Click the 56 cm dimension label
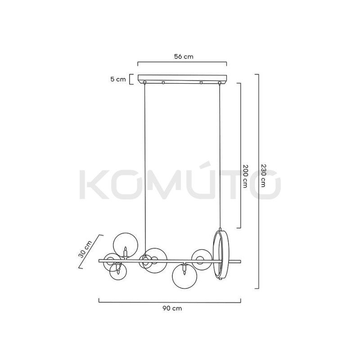184,57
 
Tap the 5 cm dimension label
118,80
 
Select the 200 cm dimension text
245,176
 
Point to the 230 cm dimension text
263,175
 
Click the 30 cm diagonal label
85,249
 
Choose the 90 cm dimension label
172,308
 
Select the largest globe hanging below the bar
184,276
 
